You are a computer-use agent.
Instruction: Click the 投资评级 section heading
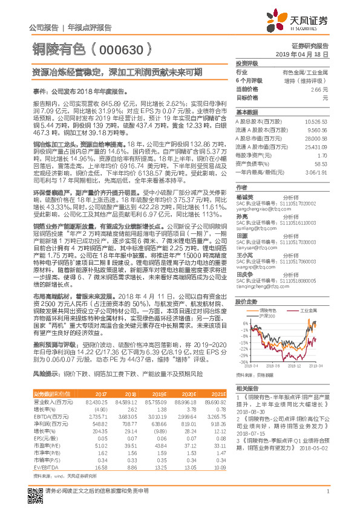pyautogui.click(x=246, y=63)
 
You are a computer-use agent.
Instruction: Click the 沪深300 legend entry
pyautogui.click(x=273, y=316)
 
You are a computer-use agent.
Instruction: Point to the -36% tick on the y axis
pyautogui.click(x=243, y=362)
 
